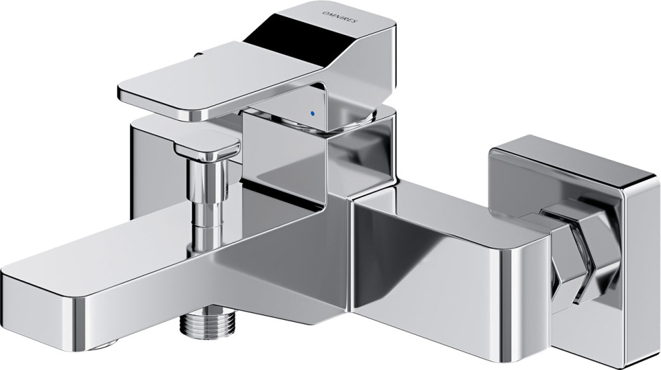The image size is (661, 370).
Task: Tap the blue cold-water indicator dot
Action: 312,114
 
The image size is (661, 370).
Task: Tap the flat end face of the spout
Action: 42,308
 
